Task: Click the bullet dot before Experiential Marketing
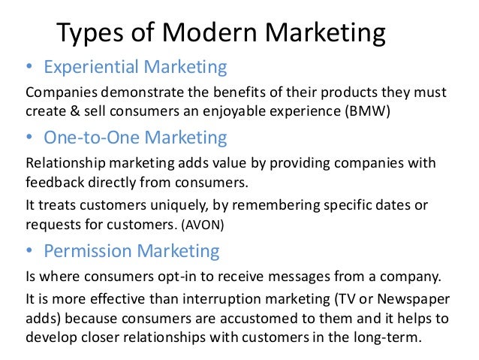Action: coord(30,68)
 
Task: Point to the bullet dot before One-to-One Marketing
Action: coord(30,138)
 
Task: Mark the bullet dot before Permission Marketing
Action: coord(30,250)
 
